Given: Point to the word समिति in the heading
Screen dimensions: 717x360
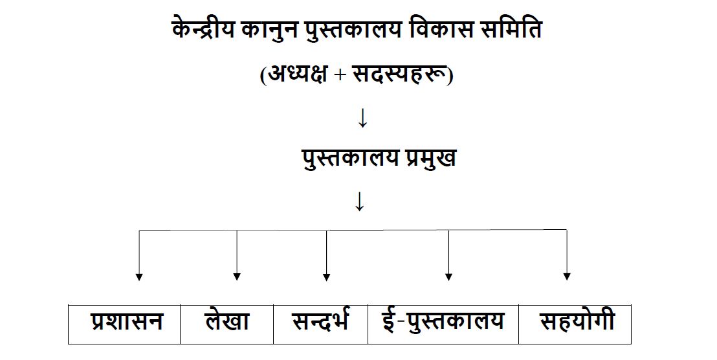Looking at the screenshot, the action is [x=512, y=30].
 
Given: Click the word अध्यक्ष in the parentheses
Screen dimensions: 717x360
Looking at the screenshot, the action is [x=297, y=74].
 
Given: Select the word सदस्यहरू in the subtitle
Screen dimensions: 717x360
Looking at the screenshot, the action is [x=400, y=74].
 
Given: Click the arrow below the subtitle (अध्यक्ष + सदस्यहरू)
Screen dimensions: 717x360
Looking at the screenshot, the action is [x=362, y=118].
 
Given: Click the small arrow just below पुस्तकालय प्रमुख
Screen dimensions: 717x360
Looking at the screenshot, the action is [x=359, y=201].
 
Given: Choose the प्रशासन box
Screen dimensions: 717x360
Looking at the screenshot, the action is [x=124, y=324].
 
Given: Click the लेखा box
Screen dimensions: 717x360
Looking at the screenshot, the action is [x=226, y=324].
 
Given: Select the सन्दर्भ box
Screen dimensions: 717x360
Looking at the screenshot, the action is [x=320, y=324].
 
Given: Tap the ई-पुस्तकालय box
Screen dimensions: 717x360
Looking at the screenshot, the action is [x=443, y=324].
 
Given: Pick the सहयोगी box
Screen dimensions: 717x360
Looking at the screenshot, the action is [x=575, y=324].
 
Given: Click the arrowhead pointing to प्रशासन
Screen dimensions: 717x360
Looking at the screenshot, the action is [x=139, y=276].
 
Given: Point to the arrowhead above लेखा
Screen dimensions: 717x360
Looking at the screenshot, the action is [x=237, y=276].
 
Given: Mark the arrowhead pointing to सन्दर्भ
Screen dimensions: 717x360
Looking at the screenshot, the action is [x=327, y=276].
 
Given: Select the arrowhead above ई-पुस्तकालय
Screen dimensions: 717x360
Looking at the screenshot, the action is [x=448, y=276].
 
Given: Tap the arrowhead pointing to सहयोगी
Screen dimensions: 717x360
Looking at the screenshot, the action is [x=567, y=276].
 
